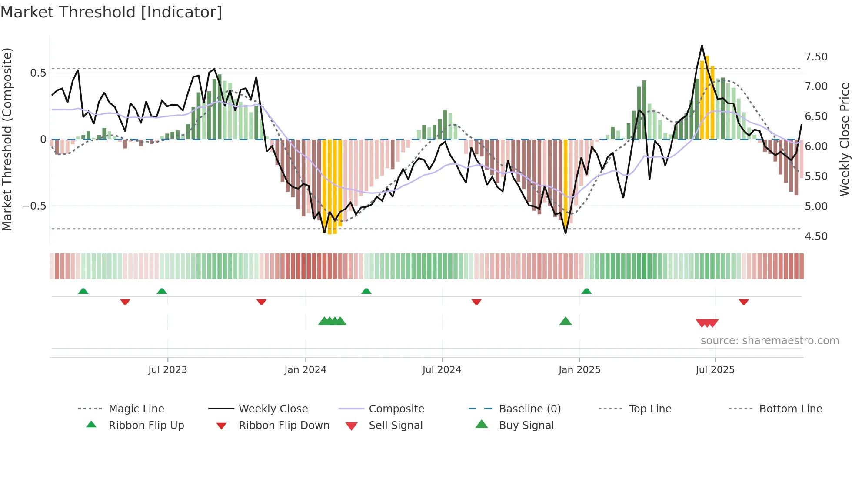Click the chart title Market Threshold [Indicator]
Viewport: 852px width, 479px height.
111,12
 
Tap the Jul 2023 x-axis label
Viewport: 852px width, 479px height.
167,370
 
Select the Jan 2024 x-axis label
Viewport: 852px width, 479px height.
305,370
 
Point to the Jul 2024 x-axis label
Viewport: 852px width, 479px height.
442,370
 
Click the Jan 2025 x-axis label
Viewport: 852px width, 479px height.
579,370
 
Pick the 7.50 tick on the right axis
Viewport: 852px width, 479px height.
816,57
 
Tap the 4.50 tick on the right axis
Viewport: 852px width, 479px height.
816,236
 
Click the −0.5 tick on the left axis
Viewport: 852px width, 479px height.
34,206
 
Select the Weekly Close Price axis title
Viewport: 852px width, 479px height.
844,139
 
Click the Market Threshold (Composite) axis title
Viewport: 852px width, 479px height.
7,139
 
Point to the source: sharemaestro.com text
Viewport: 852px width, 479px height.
769,341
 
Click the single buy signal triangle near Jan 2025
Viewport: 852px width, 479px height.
566,321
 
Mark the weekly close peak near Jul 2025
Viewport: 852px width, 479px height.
702,46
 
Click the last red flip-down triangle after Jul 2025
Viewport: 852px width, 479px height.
744,302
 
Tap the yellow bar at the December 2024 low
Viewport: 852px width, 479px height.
566,183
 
